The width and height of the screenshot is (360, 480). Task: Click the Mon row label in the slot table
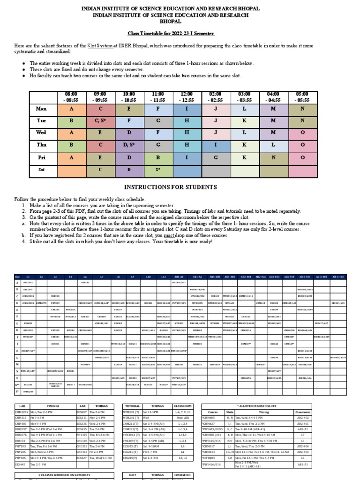pyautogui.click(x=41, y=109)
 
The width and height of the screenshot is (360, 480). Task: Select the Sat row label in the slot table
pyautogui.click(x=41, y=169)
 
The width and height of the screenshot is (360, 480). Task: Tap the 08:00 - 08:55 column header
pyautogui.click(x=71, y=97)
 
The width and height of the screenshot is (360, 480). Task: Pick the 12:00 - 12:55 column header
pyautogui.click(x=187, y=97)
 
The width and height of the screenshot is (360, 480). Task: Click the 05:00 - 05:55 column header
pyautogui.click(x=302, y=97)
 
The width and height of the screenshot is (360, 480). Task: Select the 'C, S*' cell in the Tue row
pyautogui.click(x=100, y=120)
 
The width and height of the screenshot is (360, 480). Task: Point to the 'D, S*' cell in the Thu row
pyautogui.click(x=129, y=145)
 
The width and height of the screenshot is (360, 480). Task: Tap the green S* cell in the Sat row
pyautogui.click(x=158, y=169)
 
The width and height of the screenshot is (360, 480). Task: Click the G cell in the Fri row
pyautogui.click(x=216, y=157)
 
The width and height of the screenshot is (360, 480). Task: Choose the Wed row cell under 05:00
pyautogui.click(x=302, y=133)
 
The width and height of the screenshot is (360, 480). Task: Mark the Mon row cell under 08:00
pyautogui.click(x=71, y=109)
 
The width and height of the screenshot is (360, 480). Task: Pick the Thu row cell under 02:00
pyautogui.click(x=216, y=145)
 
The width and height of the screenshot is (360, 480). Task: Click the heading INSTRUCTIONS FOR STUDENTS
pyautogui.click(x=180, y=187)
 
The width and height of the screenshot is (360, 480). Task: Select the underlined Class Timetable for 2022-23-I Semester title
pyautogui.click(x=172, y=34)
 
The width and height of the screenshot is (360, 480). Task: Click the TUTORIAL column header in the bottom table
pyautogui.click(x=131, y=406)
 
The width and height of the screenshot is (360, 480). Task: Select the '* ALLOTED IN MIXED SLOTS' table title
pyautogui.click(x=260, y=406)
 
